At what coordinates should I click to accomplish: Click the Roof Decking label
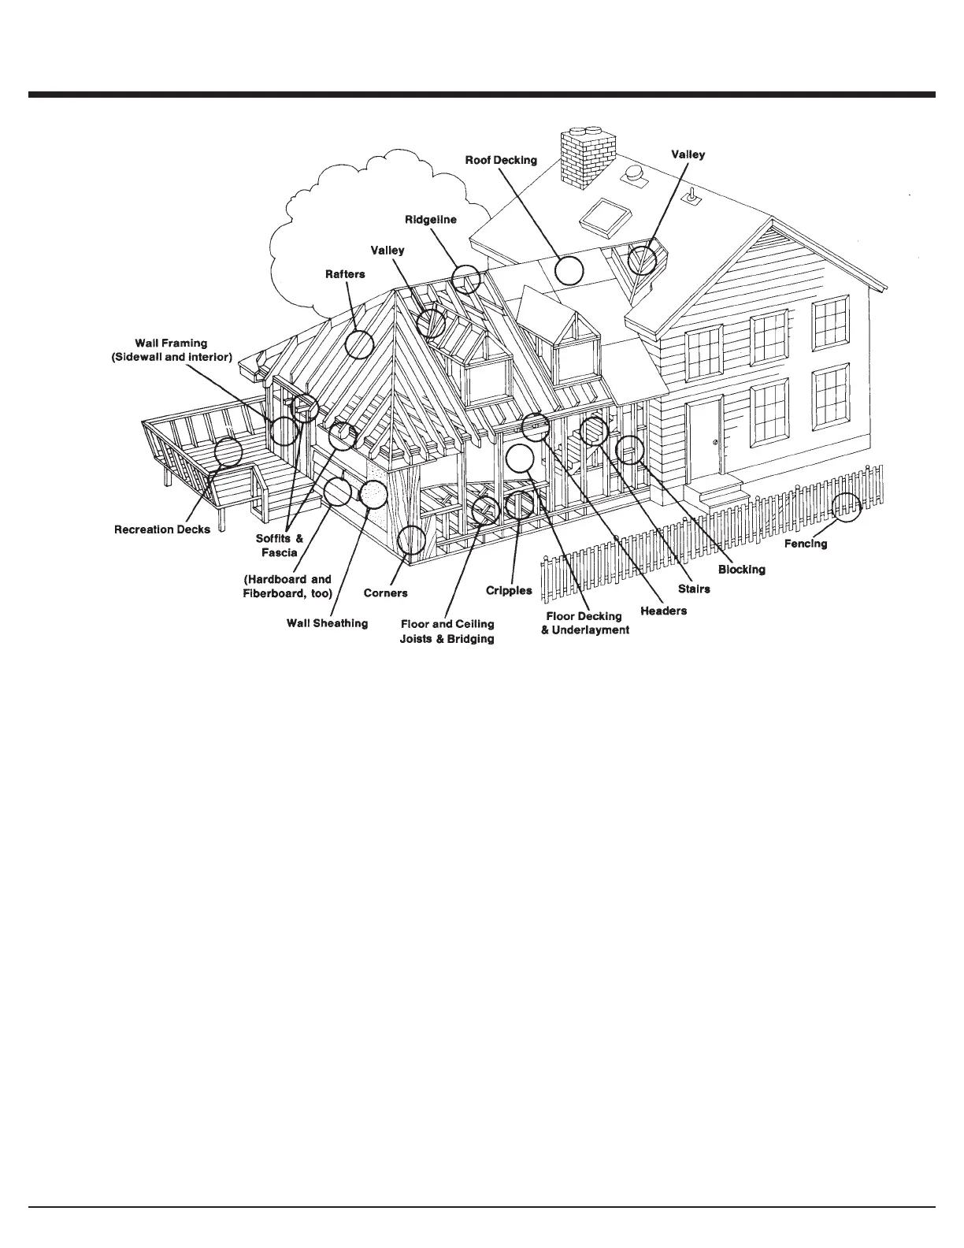501,160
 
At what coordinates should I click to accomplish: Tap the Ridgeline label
431,219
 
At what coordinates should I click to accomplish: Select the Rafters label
345,274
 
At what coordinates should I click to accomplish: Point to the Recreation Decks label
162,529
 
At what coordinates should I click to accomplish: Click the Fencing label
806,544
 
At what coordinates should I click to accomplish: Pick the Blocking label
741,570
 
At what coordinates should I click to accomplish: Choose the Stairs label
694,589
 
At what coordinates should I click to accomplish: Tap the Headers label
663,611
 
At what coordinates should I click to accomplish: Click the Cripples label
509,590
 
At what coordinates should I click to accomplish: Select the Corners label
385,592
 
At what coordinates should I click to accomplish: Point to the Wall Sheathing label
327,623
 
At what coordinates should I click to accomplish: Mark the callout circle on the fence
847,507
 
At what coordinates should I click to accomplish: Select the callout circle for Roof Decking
569,270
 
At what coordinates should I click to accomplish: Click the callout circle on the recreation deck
228,451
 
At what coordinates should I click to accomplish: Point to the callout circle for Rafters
359,344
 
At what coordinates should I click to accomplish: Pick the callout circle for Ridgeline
466,279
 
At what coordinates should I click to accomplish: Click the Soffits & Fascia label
279,545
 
